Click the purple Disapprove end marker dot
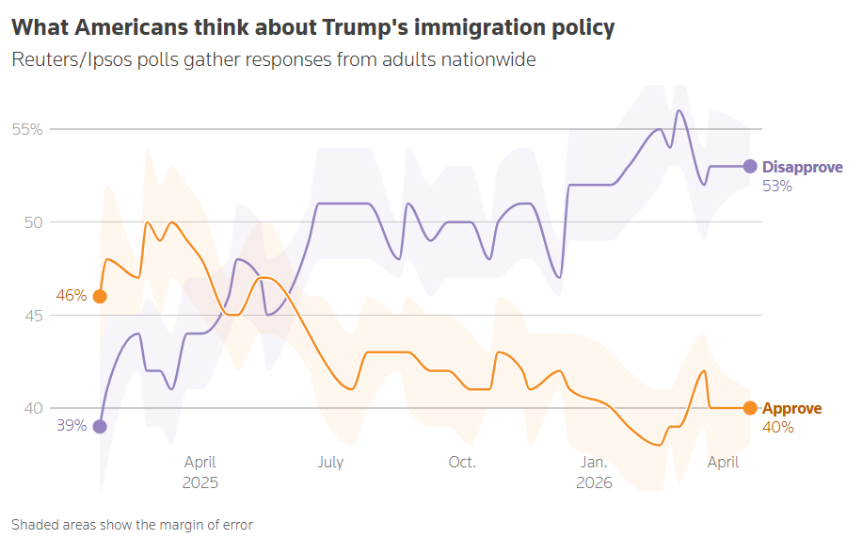tap(750, 166)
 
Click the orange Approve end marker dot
tap(750, 408)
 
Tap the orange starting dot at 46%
tap(100, 296)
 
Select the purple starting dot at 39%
tap(100, 426)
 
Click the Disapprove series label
tap(802, 167)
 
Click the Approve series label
tap(791, 409)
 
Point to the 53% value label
tap(777, 187)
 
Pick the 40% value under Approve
tap(777, 428)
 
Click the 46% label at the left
tap(72, 296)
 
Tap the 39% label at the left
tap(72, 426)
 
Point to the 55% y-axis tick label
tap(27, 129)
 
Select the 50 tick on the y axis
tap(33, 222)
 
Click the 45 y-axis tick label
tap(33, 316)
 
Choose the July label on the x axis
tap(330, 463)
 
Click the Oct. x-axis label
tap(462, 463)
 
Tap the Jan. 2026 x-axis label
tap(594, 472)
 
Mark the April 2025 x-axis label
tap(200, 472)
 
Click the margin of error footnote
tap(132, 524)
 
